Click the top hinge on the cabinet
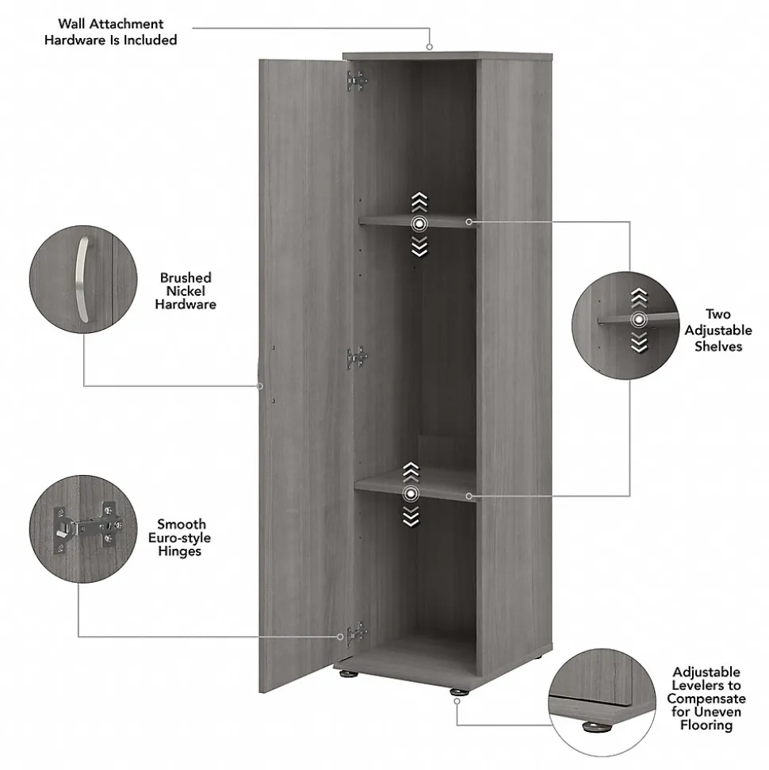(356, 80)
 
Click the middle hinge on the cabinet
(356, 358)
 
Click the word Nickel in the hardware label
(186, 291)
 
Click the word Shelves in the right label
(718, 347)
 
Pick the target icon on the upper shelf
(419, 224)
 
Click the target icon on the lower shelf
(410, 495)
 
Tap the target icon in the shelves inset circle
(638, 320)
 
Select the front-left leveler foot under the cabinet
(348, 674)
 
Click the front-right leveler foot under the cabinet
(457, 691)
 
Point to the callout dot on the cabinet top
(430, 47)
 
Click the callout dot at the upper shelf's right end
(469, 221)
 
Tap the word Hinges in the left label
(179, 551)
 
